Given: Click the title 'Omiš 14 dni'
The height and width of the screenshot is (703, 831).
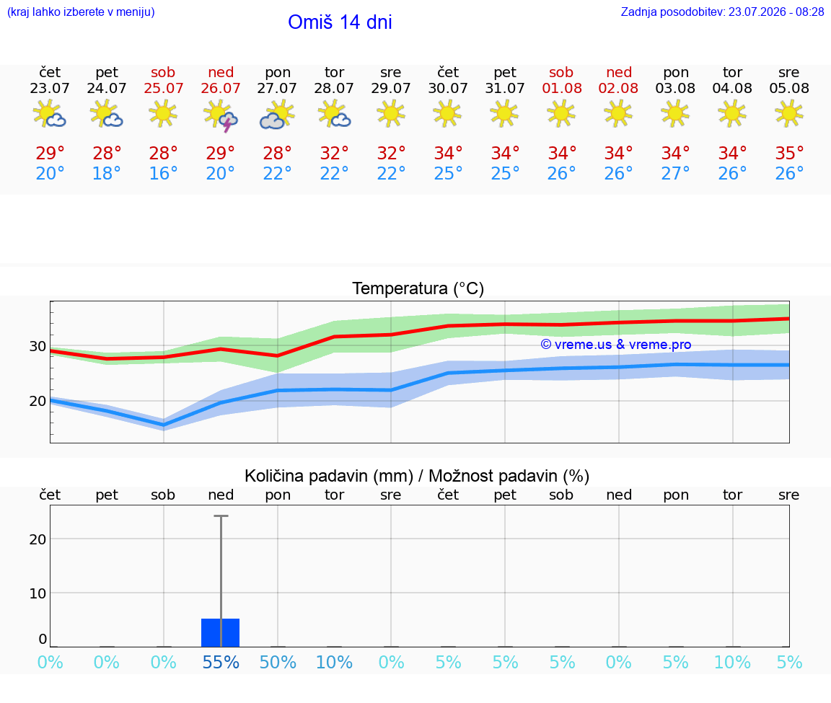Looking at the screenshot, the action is (340, 22).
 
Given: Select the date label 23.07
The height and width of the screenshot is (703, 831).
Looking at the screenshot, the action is (50, 88).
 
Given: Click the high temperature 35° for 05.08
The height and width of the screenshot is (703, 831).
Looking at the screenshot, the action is (789, 153).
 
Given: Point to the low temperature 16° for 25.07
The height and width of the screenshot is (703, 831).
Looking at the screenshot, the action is (163, 173).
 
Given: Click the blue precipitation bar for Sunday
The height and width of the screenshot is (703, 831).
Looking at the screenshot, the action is (221, 632).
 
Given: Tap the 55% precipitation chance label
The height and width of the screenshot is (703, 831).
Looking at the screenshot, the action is (221, 662).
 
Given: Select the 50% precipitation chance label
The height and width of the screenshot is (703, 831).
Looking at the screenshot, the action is (278, 662).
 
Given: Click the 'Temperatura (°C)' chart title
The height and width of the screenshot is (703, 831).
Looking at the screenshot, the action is (418, 288).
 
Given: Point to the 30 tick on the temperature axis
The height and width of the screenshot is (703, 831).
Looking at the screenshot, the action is (38, 346).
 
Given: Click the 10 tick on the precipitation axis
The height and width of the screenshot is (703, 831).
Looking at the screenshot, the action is (38, 593).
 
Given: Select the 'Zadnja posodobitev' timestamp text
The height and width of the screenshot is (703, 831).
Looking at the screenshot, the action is (722, 12).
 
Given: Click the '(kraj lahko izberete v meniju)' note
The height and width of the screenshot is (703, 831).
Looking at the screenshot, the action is (81, 12).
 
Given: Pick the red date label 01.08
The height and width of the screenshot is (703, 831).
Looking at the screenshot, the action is (562, 88).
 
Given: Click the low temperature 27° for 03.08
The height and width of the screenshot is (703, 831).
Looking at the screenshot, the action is (675, 173).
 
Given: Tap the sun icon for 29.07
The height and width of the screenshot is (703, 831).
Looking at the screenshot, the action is (391, 114).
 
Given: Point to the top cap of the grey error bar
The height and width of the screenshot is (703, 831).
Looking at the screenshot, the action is (221, 516).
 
